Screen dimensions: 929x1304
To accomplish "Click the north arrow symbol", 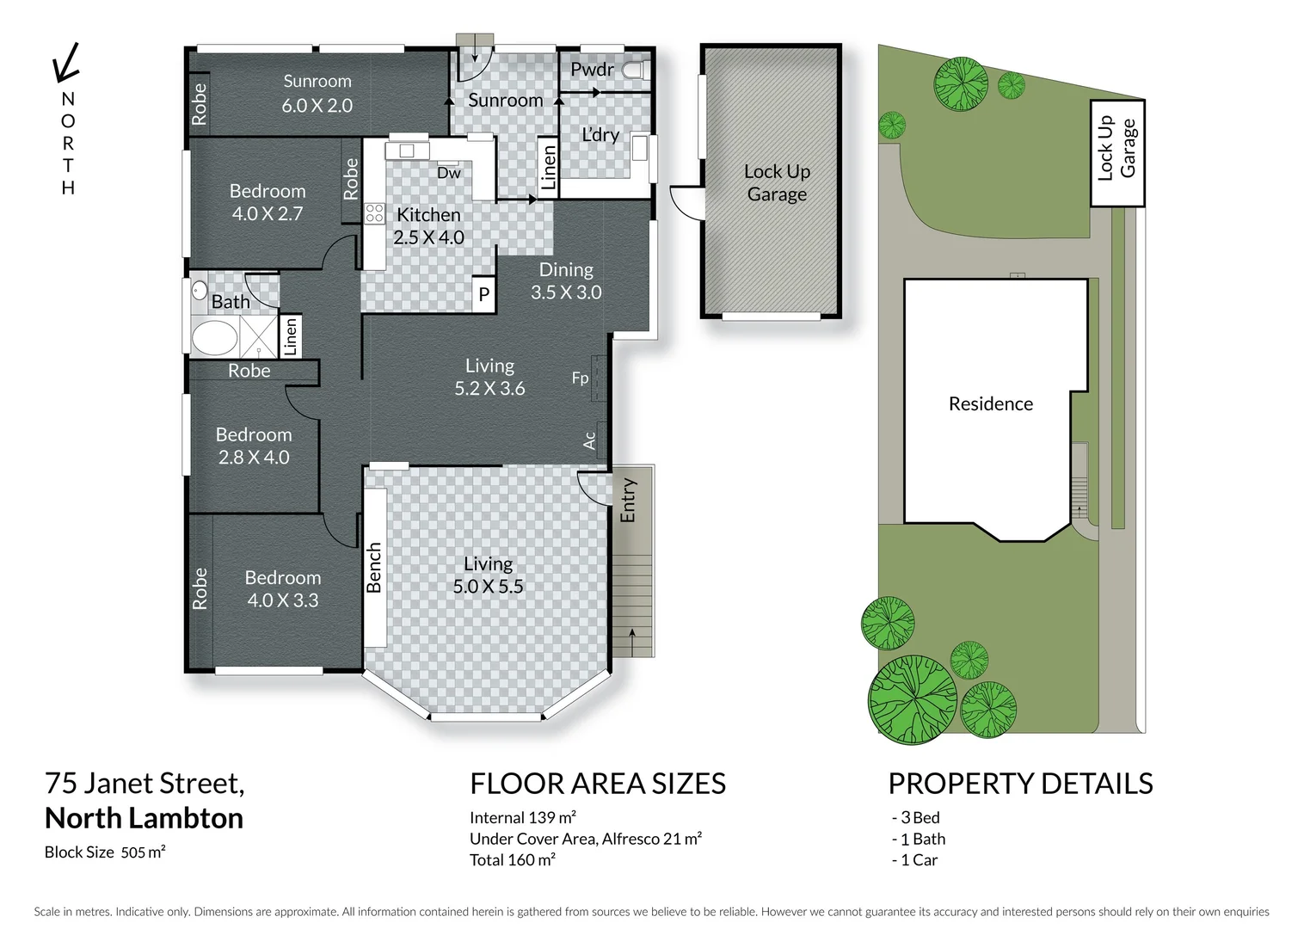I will (x=65, y=63).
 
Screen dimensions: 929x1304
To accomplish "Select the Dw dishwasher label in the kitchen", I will (x=449, y=173).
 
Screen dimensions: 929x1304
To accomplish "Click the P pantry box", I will (x=484, y=294).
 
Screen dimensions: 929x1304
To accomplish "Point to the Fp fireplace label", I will (x=581, y=378).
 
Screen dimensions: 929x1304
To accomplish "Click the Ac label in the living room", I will (x=589, y=440).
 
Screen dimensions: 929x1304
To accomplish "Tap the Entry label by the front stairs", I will (x=628, y=500).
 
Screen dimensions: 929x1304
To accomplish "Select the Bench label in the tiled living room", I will (x=374, y=568).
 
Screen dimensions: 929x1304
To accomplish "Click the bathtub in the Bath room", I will (x=214, y=336).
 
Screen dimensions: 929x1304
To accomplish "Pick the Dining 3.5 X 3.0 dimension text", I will (x=566, y=292).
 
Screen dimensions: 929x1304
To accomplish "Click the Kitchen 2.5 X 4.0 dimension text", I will (x=428, y=237).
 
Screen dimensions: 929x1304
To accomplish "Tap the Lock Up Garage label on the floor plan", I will (x=777, y=182).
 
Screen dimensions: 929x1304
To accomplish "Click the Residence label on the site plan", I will (x=990, y=403).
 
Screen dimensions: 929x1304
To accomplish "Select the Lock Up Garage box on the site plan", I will (x=1116, y=152).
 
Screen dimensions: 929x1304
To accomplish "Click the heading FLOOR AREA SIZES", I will (x=598, y=784).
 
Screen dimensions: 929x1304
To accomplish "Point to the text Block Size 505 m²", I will (x=105, y=852).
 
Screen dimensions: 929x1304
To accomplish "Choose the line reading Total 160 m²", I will (x=513, y=859).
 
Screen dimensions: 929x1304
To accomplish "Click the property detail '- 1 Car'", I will (x=914, y=859).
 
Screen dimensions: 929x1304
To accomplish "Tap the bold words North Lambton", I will (x=144, y=817).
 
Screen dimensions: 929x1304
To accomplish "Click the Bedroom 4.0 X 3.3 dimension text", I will (x=282, y=600).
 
